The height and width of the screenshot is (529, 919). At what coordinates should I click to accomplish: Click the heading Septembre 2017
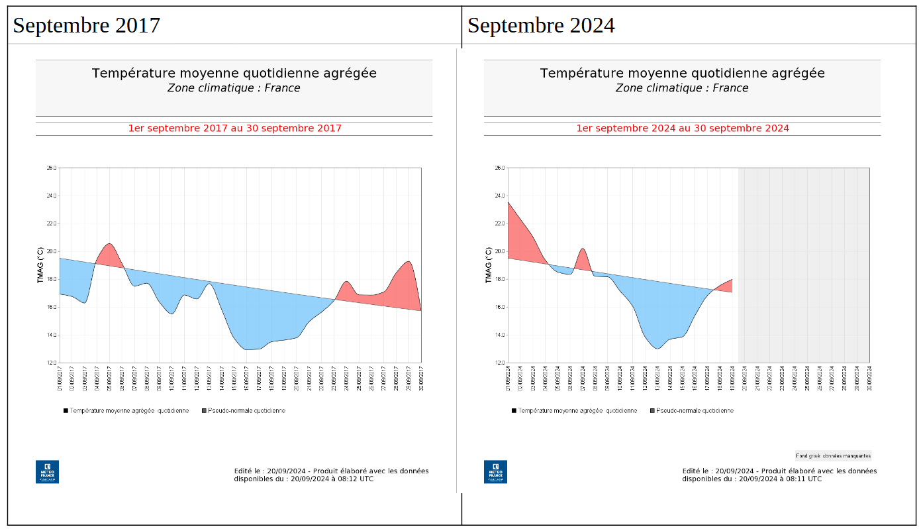coord(87,25)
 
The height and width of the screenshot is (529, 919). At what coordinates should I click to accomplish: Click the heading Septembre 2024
coord(541,25)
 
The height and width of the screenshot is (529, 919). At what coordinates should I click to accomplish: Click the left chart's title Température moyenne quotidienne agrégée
coord(234,73)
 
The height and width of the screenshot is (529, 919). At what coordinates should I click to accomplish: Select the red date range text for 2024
coord(683,128)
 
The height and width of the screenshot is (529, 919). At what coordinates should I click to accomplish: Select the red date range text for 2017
coord(234,128)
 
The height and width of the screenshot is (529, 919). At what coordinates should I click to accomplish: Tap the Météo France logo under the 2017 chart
coord(47,471)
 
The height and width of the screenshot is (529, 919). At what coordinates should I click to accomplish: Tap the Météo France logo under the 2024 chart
coord(495,471)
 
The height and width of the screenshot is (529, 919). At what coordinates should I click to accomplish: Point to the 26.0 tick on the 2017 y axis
coord(52,168)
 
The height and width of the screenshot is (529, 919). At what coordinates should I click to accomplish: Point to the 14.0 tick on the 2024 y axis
coord(500,335)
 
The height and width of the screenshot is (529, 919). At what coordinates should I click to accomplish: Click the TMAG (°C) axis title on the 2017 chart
coord(41,265)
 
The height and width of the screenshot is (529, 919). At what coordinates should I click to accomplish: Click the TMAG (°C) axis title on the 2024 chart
coord(489,265)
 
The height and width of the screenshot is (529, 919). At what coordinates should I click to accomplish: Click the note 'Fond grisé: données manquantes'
coord(833,455)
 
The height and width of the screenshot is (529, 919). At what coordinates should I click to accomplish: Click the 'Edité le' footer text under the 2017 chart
coord(331,475)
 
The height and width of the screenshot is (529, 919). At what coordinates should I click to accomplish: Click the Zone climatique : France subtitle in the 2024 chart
coord(682,88)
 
